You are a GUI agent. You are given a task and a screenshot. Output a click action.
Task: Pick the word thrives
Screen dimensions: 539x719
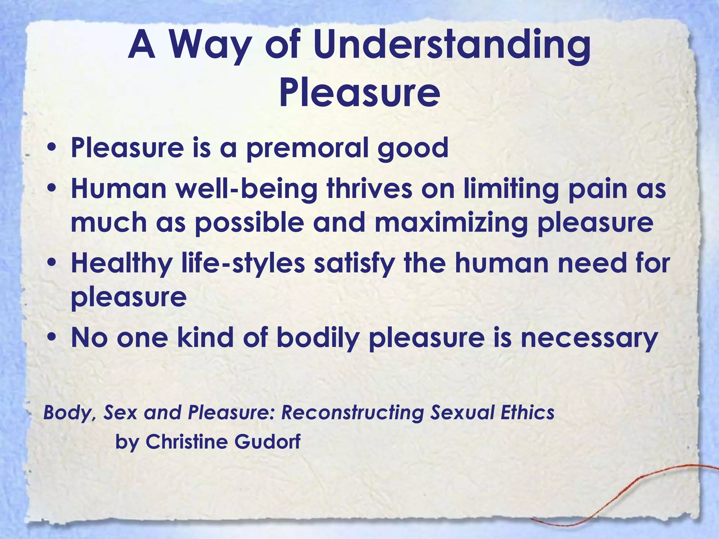(x=369, y=188)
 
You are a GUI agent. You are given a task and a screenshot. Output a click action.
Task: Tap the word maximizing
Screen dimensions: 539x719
(x=451, y=224)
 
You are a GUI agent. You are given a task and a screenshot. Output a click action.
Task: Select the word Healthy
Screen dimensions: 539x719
(x=121, y=264)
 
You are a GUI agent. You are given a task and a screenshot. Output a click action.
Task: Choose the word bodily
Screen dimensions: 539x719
(x=318, y=339)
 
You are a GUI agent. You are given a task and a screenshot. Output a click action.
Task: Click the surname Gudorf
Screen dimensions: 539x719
(x=267, y=441)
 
